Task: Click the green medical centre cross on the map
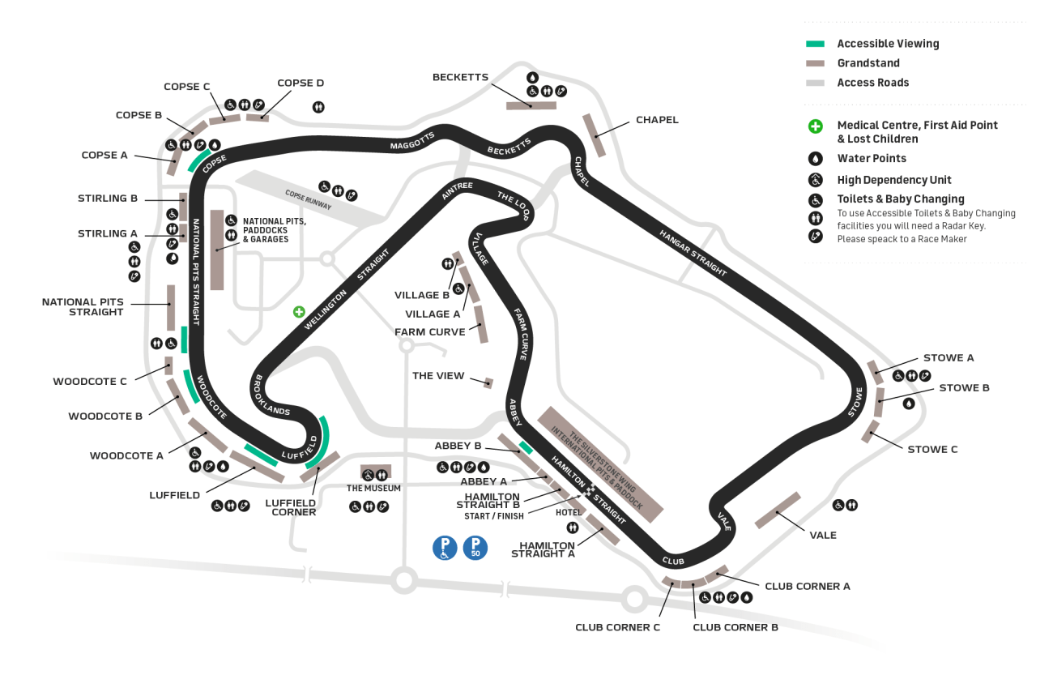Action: click(x=299, y=311)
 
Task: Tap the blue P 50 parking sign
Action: click(x=475, y=549)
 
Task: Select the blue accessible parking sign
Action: click(x=445, y=549)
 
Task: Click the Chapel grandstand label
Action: click(x=657, y=120)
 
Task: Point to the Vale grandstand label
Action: click(x=822, y=535)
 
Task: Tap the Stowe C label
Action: click(x=932, y=449)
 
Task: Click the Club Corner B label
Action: click(x=735, y=627)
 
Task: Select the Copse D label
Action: click(x=301, y=83)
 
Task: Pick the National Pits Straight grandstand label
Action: click(x=83, y=306)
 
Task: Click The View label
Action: click(x=438, y=376)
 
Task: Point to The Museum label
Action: click(x=373, y=489)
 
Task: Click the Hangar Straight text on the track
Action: click(x=692, y=254)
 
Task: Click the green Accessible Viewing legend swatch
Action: click(x=815, y=44)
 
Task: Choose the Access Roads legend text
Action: click(x=872, y=83)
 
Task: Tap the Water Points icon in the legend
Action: click(x=815, y=159)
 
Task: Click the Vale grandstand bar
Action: click(x=778, y=511)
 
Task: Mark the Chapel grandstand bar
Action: click(x=594, y=135)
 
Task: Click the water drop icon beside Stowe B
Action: click(x=908, y=403)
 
